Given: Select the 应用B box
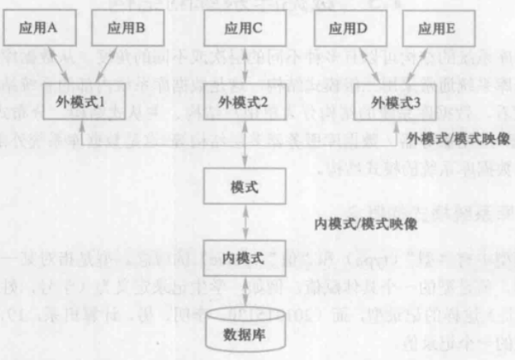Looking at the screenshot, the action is click(x=127, y=26).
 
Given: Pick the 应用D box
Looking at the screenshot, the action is click(x=348, y=26).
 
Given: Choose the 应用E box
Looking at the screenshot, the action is click(x=437, y=26).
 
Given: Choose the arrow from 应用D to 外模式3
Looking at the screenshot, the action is click(x=365, y=65).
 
